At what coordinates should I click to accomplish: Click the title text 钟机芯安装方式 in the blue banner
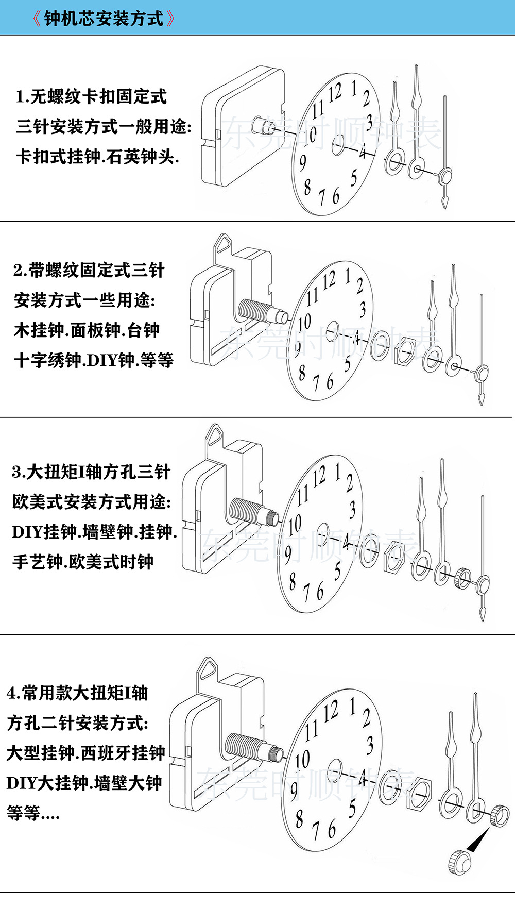pos(104,19)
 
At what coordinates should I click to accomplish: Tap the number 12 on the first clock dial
pos(335,93)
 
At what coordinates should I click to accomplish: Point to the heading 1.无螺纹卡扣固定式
pos(91,96)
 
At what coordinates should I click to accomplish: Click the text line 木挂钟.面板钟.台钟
pos(87,330)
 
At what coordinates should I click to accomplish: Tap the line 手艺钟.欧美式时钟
pos(82,562)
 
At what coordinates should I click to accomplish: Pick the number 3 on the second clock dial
pos(363,310)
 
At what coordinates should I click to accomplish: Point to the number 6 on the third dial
pos(319,592)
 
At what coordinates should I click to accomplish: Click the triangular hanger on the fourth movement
pos(209,668)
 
